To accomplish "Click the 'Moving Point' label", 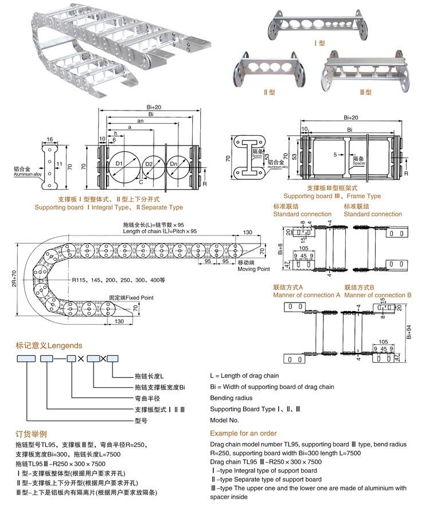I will pos(253,268).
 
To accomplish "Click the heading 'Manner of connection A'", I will pos(306,295).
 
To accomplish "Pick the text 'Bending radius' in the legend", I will pos(231,398).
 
